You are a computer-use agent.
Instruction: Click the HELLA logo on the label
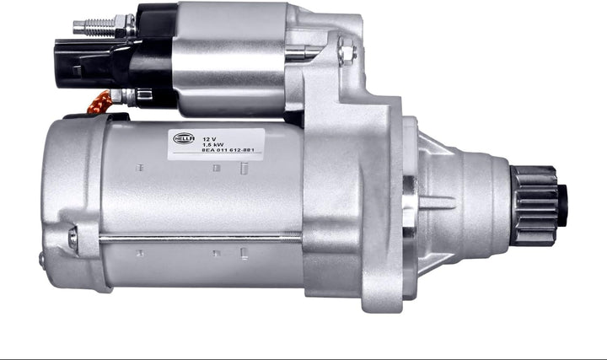183,138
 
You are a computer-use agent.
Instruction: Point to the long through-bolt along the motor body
202,239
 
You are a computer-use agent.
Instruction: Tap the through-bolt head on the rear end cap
73,239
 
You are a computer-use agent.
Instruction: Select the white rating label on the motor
214,143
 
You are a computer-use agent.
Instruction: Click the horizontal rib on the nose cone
438,202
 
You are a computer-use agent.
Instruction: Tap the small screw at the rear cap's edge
42,261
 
